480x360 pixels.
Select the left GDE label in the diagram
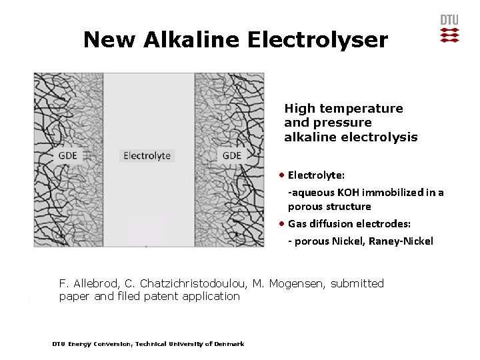click(x=68, y=155)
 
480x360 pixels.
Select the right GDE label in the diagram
click(x=231, y=155)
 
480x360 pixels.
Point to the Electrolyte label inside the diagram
click(x=147, y=155)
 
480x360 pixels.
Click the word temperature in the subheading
click(x=361, y=108)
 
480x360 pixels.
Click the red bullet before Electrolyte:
click(x=283, y=175)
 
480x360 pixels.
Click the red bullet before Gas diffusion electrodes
click(x=283, y=223)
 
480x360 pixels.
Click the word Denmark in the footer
click(x=230, y=344)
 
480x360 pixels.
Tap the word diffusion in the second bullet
click(x=330, y=224)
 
